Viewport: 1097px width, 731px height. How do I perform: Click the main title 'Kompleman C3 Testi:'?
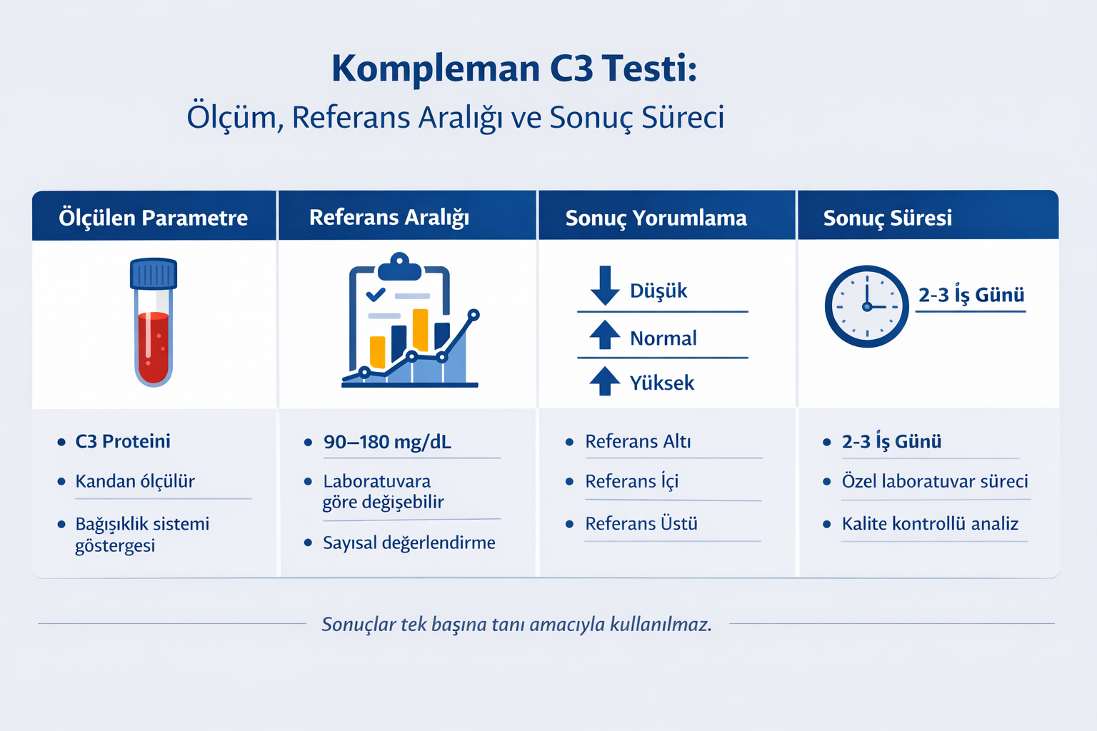(514, 69)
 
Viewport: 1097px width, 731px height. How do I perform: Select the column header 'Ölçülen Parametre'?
(153, 217)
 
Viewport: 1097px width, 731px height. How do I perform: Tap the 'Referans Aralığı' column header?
(389, 217)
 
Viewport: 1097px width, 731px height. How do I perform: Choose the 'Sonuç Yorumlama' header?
(656, 218)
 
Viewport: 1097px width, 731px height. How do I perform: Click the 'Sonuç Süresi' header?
(887, 218)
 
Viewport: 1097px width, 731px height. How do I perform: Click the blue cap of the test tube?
(154, 273)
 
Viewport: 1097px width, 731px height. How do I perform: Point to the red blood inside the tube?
(154, 346)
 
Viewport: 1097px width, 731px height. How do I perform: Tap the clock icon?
(866, 306)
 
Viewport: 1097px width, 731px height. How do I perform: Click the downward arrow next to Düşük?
(605, 285)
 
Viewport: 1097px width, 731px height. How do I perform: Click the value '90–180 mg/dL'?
(387, 442)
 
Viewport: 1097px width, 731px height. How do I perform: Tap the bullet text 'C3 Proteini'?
(123, 441)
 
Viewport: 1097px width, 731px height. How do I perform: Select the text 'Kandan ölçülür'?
(135, 481)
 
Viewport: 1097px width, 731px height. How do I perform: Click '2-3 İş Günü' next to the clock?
(971, 295)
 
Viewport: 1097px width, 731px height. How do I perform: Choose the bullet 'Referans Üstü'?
(641, 523)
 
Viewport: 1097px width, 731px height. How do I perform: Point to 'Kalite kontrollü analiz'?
(930, 523)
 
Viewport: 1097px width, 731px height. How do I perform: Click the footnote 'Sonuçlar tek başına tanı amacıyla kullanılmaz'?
(516, 624)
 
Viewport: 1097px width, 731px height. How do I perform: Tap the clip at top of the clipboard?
(400, 268)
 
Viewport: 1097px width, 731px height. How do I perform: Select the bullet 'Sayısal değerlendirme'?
(409, 543)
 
